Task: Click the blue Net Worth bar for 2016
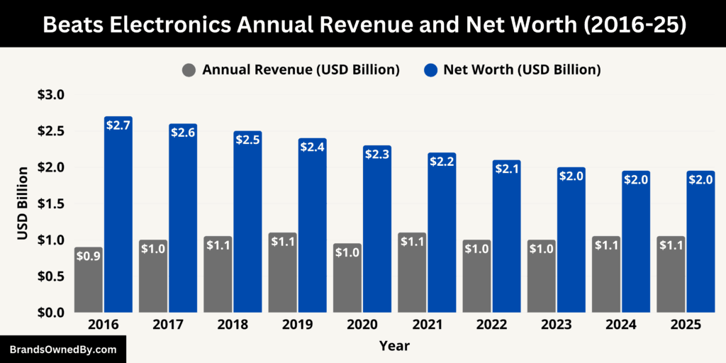pos(118,220)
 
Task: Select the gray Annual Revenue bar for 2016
pos(89,284)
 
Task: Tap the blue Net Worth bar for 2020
pos(377,234)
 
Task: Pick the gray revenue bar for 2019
pos(283,277)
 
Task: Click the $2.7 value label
pos(118,125)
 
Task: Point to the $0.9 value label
pos(89,256)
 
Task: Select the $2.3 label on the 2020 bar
pos(377,154)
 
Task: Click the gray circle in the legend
pos(189,69)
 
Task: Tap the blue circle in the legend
pos(430,69)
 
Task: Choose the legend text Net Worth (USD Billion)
pos(522,69)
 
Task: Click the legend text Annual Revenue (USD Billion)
pos(301,69)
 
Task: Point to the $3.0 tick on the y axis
pos(50,95)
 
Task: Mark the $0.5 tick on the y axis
pos(50,277)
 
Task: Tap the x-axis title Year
pos(394,346)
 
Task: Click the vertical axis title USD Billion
pos(23,203)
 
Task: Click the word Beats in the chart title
pos(73,24)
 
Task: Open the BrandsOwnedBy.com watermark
pos(62,350)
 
